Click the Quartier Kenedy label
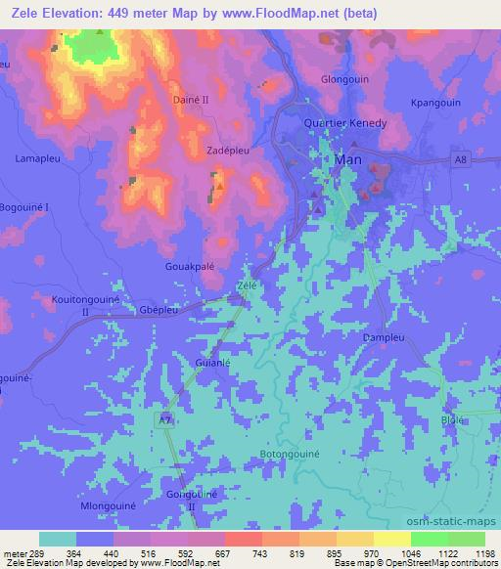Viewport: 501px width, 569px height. point(344,124)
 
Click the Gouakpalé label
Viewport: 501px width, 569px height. point(188,265)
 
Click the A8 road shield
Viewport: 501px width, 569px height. point(460,158)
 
